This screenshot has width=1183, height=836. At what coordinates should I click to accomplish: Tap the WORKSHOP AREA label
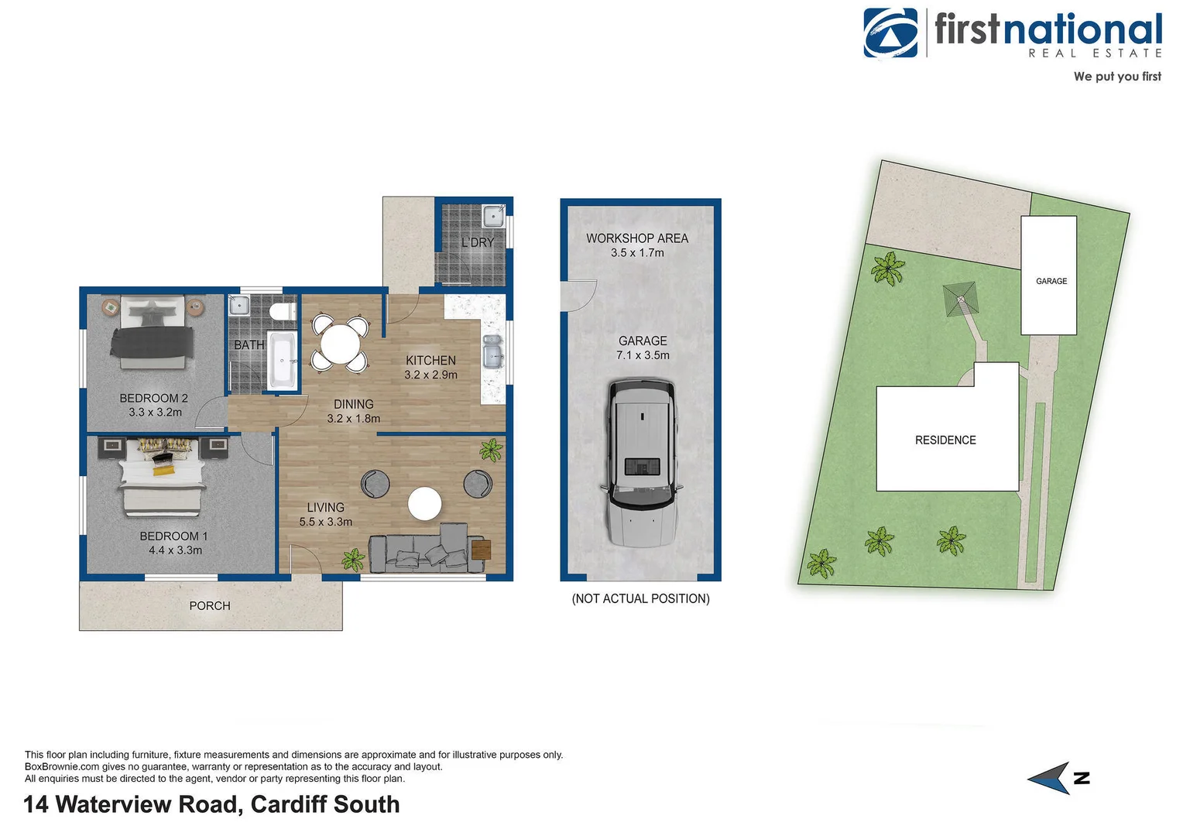pos(636,238)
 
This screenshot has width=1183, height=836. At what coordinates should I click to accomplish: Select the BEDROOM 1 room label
pos(173,536)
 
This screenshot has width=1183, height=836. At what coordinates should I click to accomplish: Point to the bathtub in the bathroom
pos(282,360)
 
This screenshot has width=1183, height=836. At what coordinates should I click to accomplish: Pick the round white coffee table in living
pos(424,504)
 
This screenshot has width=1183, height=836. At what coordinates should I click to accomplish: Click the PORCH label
pos(210,606)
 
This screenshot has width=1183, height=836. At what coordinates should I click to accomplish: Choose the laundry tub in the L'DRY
pos(492,216)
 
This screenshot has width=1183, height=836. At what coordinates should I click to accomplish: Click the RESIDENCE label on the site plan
pos(945,440)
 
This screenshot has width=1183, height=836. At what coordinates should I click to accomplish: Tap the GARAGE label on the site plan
pos(1051,281)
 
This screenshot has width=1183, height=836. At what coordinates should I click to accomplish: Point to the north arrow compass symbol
pos(1054,778)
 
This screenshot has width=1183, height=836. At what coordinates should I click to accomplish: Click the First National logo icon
pos(891,33)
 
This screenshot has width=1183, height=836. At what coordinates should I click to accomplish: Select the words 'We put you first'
pos(1116,77)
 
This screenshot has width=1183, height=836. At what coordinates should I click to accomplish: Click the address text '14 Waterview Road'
pos(133,804)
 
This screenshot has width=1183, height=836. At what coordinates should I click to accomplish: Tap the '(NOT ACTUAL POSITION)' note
pos(640,598)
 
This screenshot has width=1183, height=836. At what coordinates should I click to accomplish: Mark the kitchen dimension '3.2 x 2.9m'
pos(430,375)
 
